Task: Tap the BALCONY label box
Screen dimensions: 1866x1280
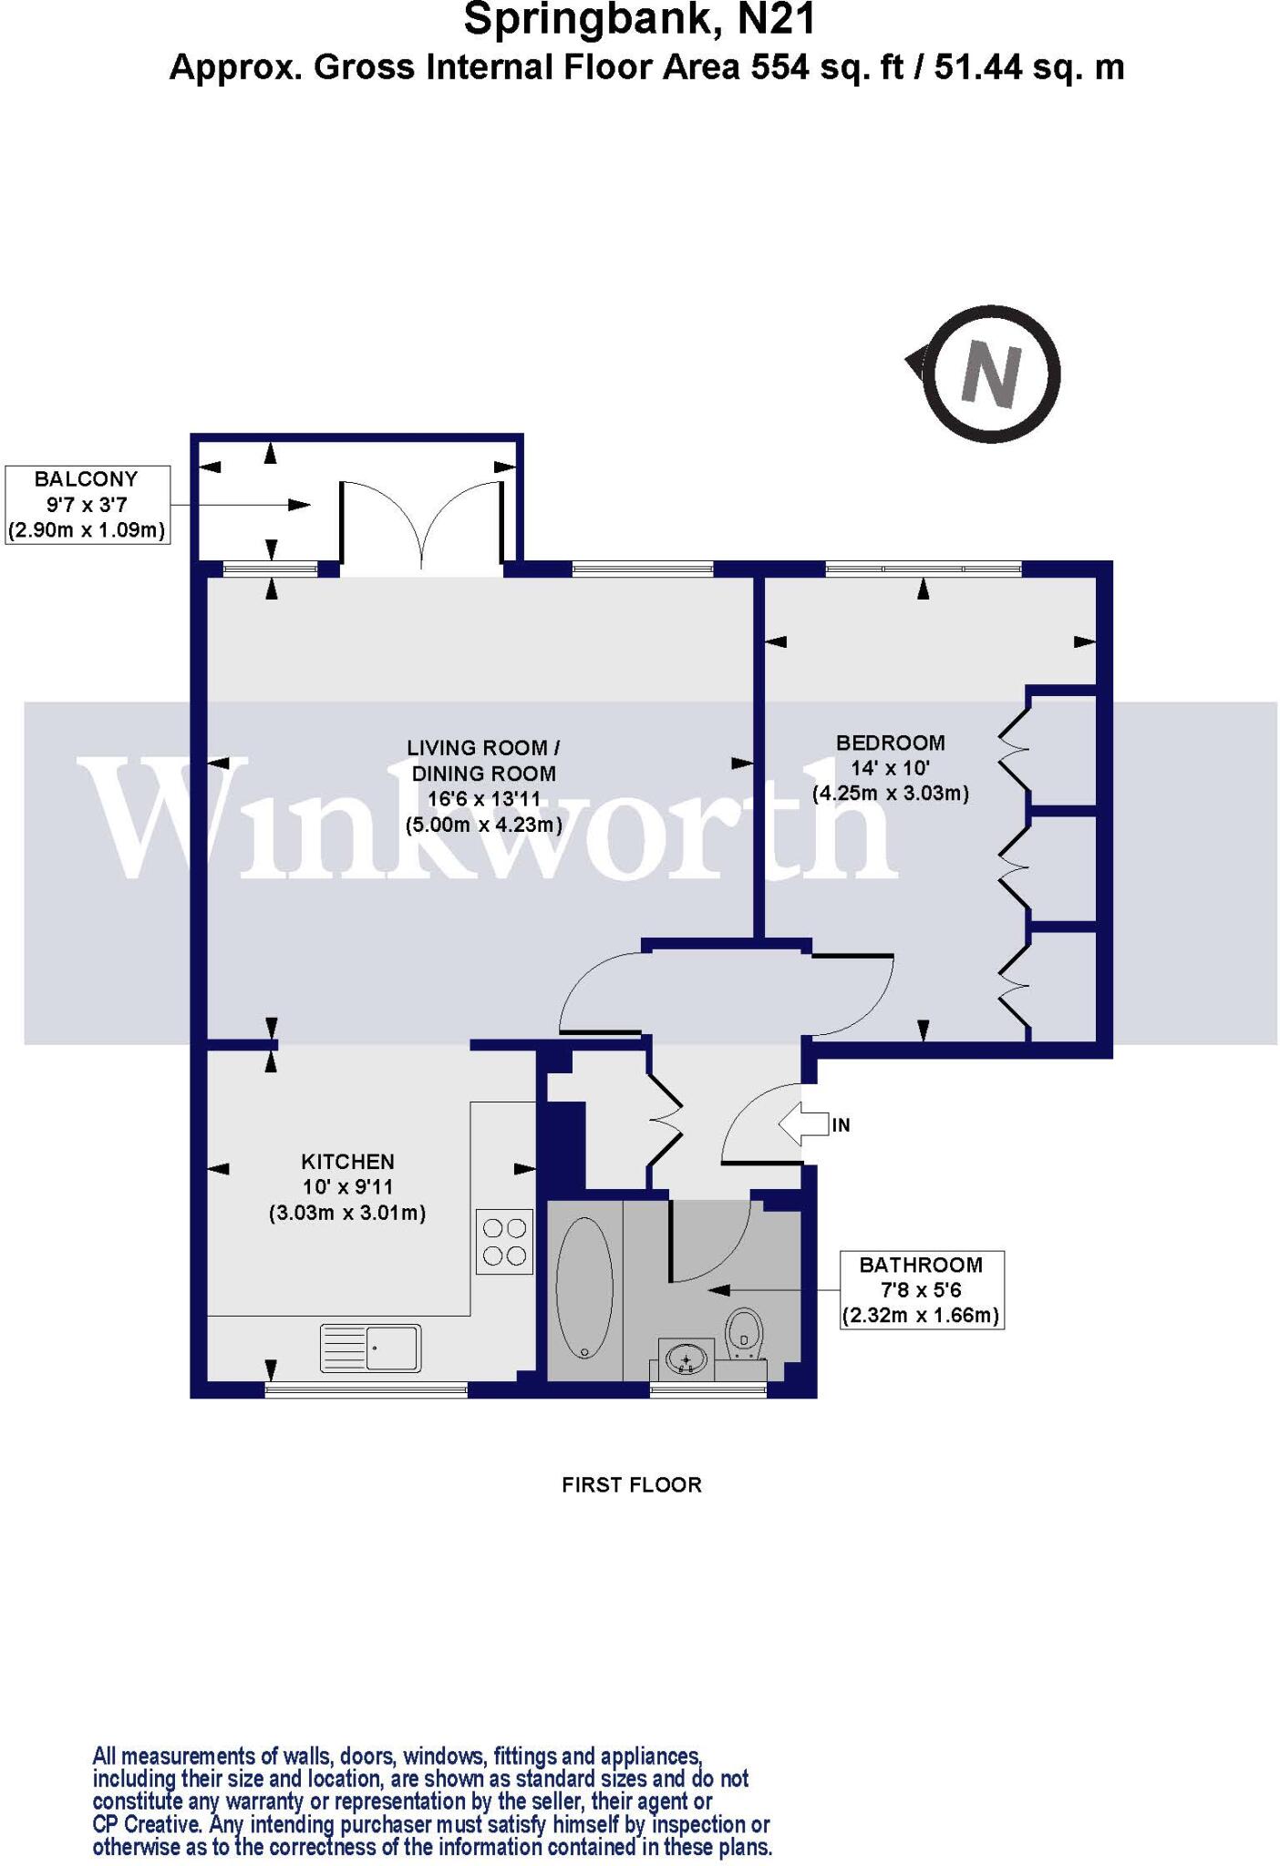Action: (x=88, y=504)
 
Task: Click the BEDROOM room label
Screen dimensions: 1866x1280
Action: (x=890, y=742)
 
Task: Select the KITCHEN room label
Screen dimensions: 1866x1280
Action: (x=347, y=1161)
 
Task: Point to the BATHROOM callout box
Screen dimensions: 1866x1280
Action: (x=921, y=1289)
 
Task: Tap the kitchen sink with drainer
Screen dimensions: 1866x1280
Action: (x=370, y=1348)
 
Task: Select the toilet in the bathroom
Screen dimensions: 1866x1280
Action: (x=744, y=1336)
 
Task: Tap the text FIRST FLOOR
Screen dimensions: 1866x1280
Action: (x=631, y=1484)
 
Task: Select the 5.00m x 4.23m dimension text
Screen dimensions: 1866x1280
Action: (x=483, y=825)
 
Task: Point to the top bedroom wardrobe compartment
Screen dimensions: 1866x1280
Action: (x=1063, y=749)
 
